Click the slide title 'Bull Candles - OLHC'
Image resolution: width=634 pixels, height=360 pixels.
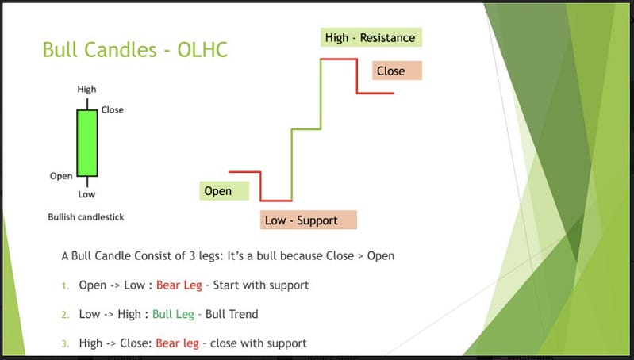point(135,50)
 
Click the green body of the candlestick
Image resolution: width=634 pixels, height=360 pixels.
point(87,143)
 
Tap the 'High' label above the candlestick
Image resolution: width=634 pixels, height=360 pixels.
point(87,89)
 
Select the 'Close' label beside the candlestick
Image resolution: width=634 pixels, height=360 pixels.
point(113,110)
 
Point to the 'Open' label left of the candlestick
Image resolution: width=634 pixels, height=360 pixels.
point(61,176)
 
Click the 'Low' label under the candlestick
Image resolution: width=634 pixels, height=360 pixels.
point(86,194)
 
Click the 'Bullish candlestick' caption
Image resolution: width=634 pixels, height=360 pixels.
point(86,217)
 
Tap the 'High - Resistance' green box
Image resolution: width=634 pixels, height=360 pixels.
point(371,37)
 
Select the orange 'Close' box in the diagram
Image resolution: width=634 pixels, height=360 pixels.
point(397,71)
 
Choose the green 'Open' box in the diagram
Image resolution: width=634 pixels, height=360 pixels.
point(224,191)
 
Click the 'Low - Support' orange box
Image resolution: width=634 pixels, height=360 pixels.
point(309,220)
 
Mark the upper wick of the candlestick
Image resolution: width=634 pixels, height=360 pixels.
point(87,104)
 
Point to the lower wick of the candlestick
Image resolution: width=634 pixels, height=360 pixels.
point(87,182)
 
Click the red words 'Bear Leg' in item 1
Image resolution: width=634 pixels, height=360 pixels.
point(179,285)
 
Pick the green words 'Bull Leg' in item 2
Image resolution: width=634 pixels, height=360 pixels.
point(173,314)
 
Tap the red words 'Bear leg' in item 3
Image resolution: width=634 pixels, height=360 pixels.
point(177,343)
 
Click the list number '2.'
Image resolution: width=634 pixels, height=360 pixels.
point(66,315)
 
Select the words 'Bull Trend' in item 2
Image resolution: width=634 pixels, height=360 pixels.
point(232,314)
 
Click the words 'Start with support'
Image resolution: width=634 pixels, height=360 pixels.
point(261,285)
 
